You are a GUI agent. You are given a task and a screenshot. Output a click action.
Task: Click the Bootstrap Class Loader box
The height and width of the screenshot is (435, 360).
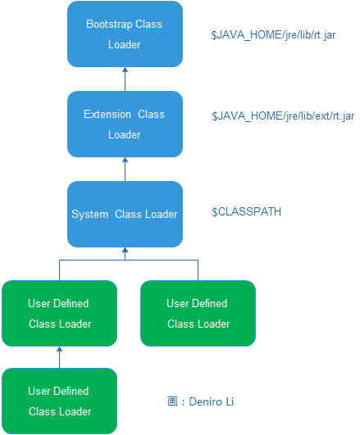[125, 34]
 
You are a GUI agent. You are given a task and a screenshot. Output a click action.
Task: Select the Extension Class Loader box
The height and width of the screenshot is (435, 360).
[125, 124]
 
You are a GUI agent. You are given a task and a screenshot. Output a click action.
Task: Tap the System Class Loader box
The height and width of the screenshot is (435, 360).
[125, 214]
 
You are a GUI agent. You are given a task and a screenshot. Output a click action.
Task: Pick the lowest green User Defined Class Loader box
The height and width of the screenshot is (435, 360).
[59, 401]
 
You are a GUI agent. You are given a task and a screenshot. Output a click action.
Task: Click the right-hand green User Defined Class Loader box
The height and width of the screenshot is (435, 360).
[198, 313]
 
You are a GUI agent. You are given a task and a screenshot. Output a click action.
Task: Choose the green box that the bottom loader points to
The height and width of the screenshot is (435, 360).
[59, 313]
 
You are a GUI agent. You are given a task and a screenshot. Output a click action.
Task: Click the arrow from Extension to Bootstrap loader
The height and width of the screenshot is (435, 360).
[125, 79]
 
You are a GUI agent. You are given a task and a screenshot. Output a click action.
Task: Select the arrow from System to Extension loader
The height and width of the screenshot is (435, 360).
[125, 170]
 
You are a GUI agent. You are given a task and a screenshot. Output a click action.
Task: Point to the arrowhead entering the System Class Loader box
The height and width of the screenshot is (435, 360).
[125, 251]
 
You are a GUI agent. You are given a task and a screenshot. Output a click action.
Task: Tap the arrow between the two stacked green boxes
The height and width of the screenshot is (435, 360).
[59, 357]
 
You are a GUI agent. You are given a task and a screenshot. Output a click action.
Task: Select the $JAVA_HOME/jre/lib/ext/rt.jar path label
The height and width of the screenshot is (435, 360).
[282, 116]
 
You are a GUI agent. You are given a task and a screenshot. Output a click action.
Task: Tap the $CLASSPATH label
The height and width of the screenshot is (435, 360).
[247, 212]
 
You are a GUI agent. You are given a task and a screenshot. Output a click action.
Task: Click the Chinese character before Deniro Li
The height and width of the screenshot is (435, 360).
[172, 401]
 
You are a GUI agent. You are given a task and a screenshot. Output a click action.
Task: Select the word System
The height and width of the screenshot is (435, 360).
[89, 214]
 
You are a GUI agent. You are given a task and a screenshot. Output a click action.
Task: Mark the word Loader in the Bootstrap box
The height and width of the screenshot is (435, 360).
[125, 45]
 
